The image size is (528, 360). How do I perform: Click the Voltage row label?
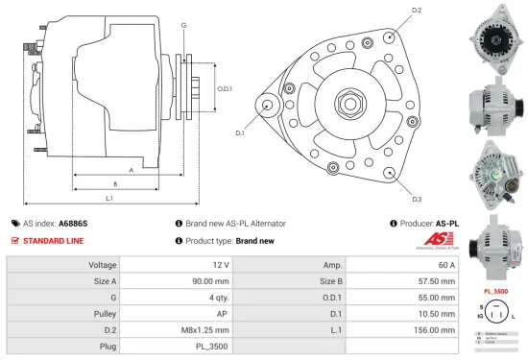point(103,264)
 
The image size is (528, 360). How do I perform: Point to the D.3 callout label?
point(417,199)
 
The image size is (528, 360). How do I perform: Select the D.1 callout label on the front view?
point(240,132)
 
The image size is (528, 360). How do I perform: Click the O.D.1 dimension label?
point(225,89)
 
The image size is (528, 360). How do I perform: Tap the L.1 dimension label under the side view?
point(108,199)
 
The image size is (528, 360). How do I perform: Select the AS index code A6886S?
point(73,223)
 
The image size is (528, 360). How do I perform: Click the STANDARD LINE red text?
point(52,242)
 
